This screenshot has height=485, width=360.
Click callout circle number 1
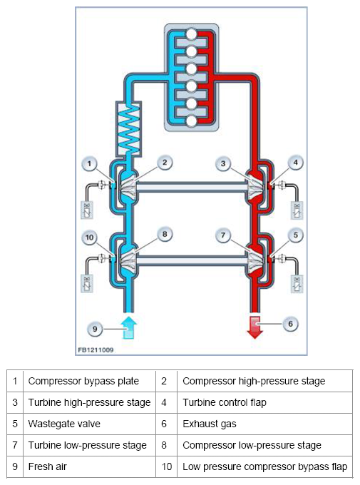click(x=89, y=164)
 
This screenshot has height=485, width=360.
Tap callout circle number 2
click(x=165, y=163)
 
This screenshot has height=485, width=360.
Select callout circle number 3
click(x=223, y=163)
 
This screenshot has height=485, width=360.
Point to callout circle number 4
click(x=295, y=163)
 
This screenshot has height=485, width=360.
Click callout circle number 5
click(x=295, y=235)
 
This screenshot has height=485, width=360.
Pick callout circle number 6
click(x=290, y=324)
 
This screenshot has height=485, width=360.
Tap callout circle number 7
click(x=223, y=235)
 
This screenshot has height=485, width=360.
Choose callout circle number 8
click(x=165, y=234)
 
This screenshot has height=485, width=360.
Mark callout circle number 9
click(x=95, y=329)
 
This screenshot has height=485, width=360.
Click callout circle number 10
click(x=89, y=238)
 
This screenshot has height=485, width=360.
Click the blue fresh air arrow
click(x=128, y=327)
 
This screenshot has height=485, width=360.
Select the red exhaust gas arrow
click(x=254, y=327)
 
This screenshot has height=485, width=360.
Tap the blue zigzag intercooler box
click(x=128, y=128)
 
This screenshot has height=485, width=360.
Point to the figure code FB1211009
click(x=96, y=349)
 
